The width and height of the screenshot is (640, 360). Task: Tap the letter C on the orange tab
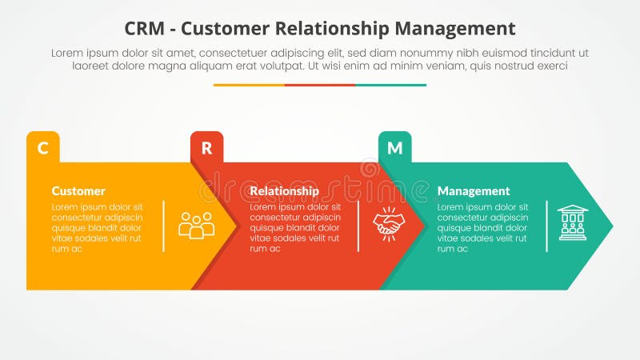(43, 147)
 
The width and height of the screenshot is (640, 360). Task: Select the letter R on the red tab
(206, 147)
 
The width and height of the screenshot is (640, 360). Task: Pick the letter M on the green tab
(395, 147)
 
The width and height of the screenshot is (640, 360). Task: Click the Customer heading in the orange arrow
(78, 191)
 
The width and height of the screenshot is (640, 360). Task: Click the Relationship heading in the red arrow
(284, 191)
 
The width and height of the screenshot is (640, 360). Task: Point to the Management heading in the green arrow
(474, 191)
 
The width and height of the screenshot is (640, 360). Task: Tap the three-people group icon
(196, 226)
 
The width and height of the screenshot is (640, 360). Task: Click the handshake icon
(389, 223)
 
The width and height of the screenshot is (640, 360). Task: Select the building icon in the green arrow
(572, 222)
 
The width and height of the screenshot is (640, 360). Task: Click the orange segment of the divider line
(249, 85)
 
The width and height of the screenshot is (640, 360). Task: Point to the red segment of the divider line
(320, 85)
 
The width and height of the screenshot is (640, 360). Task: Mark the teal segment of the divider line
(390, 85)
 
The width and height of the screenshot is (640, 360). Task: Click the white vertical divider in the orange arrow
(164, 226)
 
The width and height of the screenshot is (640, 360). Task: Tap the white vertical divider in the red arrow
(358, 226)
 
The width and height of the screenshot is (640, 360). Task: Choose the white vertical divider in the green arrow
(547, 226)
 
